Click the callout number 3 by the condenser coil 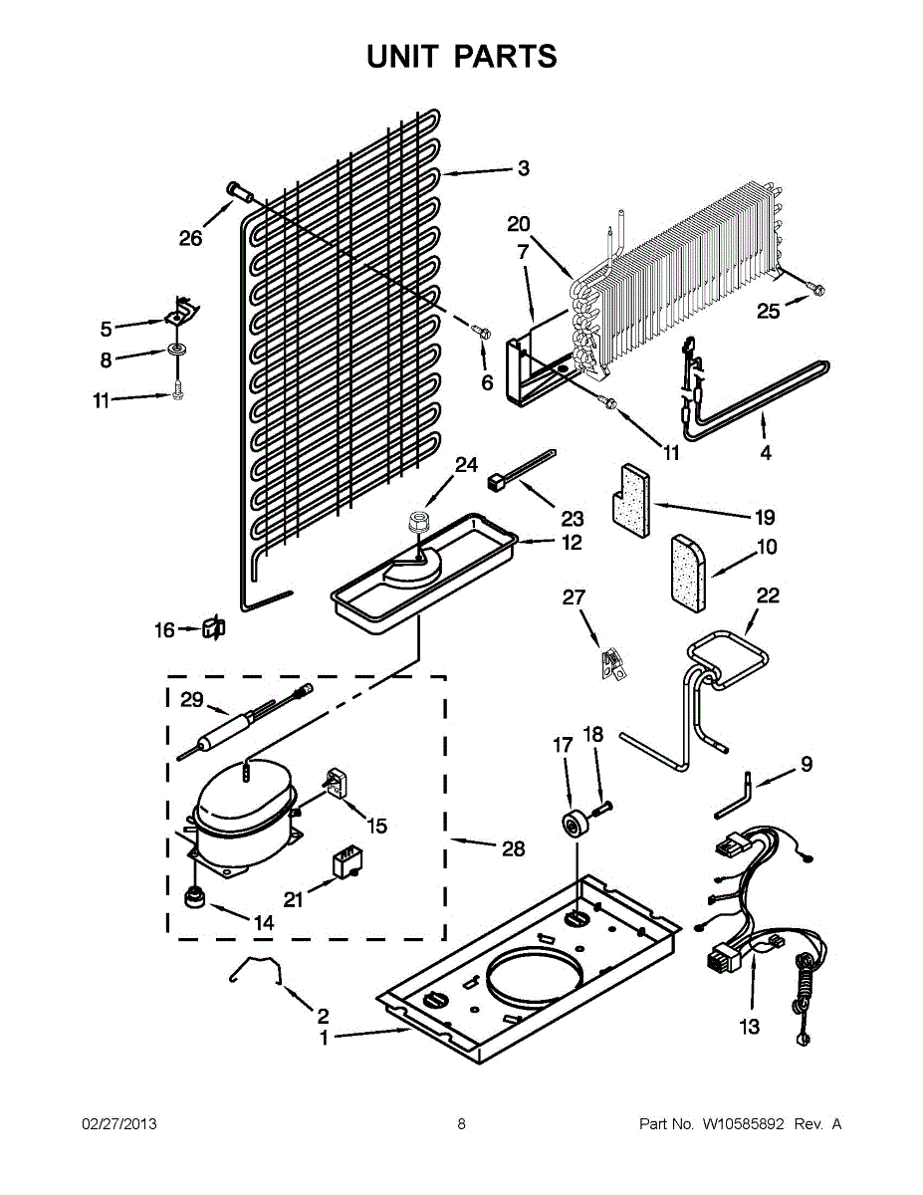click(523, 168)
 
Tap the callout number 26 click(190, 238)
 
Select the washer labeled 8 click(177, 351)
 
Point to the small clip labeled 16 click(213, 627)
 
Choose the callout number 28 click(514, 848)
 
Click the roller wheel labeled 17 click(574, 826)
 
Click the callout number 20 click(519, 224)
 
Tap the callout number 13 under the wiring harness click(749, 1027)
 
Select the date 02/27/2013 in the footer click(118, 1124)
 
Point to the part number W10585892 click(744, 1124)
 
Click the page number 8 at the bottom click(461, 1124)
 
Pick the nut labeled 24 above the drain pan click(418, 522)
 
